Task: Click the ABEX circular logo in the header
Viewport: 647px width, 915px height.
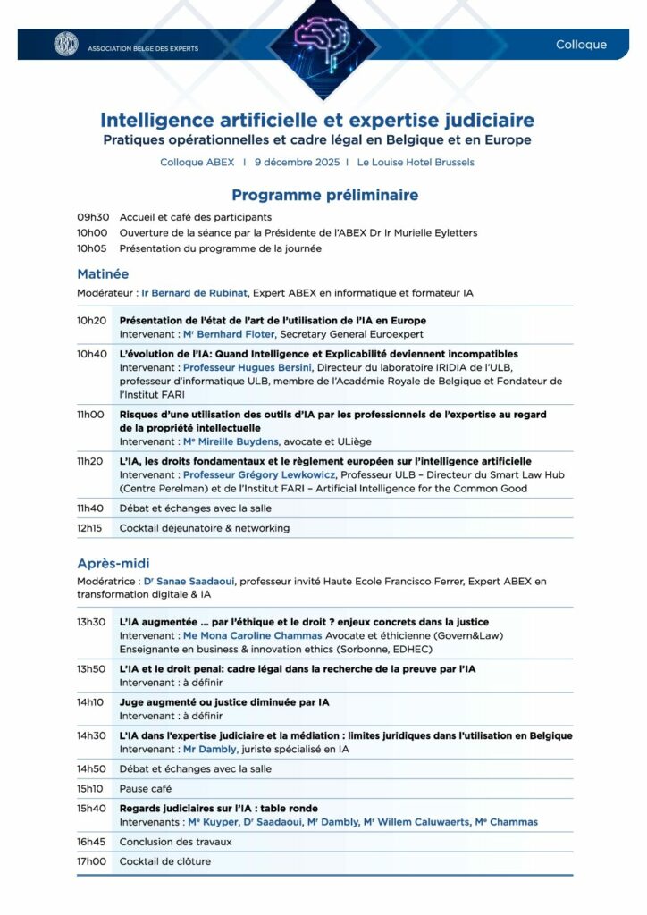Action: pyautogui.click(x=66, y=44)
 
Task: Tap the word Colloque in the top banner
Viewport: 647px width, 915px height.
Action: pyautogui.click(x=581, y=45)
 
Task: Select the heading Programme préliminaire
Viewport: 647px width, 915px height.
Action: pyautogui.click(x=324, y=195)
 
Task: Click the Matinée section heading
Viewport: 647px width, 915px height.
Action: pyautogui.click(x=103, y=273)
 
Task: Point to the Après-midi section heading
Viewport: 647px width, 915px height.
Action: pyautogui.click(x=113, y=563)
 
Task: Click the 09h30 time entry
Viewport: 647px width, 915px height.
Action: pyautogui.click(x=92, y=217)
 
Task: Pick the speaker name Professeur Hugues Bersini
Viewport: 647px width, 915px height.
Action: pyautogui.click(x=236, y=367)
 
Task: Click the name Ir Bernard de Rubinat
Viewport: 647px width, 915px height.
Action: pyautogui.click(x=192, y=292)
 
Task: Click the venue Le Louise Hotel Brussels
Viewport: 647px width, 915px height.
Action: pyautogui.click(x=416, y=163)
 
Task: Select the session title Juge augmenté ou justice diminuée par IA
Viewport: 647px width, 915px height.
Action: pyautogui.click(x=224, y=702)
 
